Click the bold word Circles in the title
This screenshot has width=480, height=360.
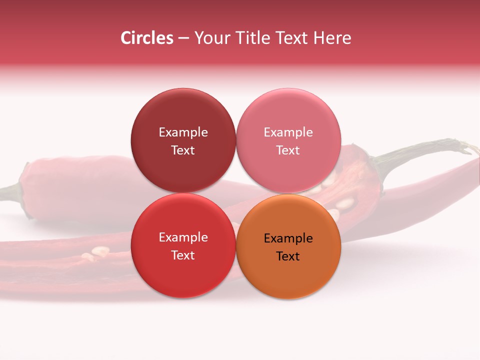click(146, 38)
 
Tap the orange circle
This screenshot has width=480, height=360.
click(288, 280)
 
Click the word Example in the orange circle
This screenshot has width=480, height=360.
click(288, 238)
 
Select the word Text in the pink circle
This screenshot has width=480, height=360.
click(288, 150)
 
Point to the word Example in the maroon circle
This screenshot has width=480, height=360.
click(183, 132)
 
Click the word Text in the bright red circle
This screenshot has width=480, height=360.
click(183, 255)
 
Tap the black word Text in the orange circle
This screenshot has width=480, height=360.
click(288, 256)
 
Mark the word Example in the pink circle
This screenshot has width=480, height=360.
click(288, 132)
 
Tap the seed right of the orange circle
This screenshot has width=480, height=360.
click(345, 204)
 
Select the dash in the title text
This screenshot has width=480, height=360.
click(183, 38)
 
